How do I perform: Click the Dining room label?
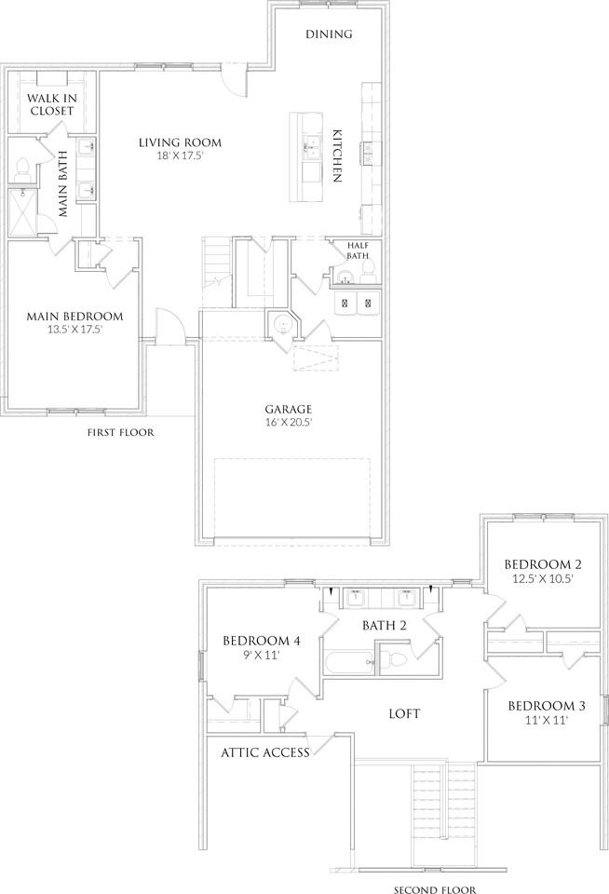[x=329, y=34]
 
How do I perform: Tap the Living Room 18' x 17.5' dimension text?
[x=181, y=155]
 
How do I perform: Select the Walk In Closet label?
[x=52, y=104]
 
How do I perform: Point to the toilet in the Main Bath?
[x=22, y=169]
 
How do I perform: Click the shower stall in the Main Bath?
[x=22, y=212]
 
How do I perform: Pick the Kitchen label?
[x=337, y=156]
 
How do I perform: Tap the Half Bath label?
[x=359, y=251]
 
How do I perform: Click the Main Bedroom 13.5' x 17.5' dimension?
[x=74, y=329]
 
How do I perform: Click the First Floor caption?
[x=120, y=433]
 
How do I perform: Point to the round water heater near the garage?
[x=283, y=325]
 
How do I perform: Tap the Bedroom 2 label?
[x=543, y=564]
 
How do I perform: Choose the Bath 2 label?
[x=385, y=626]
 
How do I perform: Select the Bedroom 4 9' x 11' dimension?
[x=261, y=655]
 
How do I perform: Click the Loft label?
[x=404, y=714]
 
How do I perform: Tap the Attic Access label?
[x=265, y=752]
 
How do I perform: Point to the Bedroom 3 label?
[x=547, y=706]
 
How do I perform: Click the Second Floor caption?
[x=435, y=889]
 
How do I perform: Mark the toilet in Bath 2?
[x=394, y=659]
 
